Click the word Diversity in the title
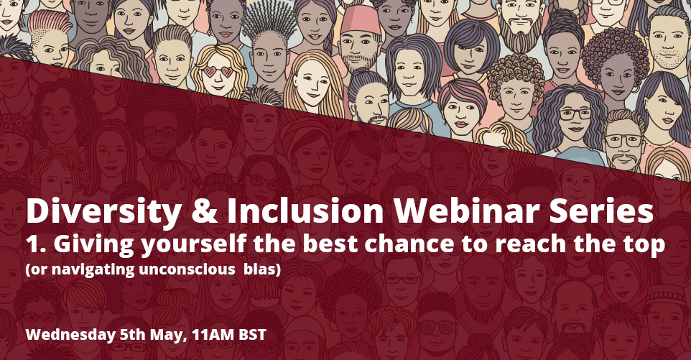[x=103, y=211]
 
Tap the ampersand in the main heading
[x=204, y=211]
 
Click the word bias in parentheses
[x=260, y=269]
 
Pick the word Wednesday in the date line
[x=70, y=335]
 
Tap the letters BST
[x=253, y=336]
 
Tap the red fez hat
[x=361, y=19]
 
